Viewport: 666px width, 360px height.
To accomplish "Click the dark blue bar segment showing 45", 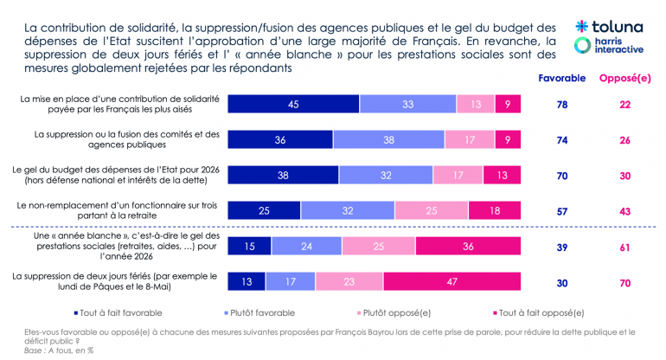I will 294,105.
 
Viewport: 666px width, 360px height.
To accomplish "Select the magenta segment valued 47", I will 452,281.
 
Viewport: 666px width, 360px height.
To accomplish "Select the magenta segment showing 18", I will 495,210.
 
